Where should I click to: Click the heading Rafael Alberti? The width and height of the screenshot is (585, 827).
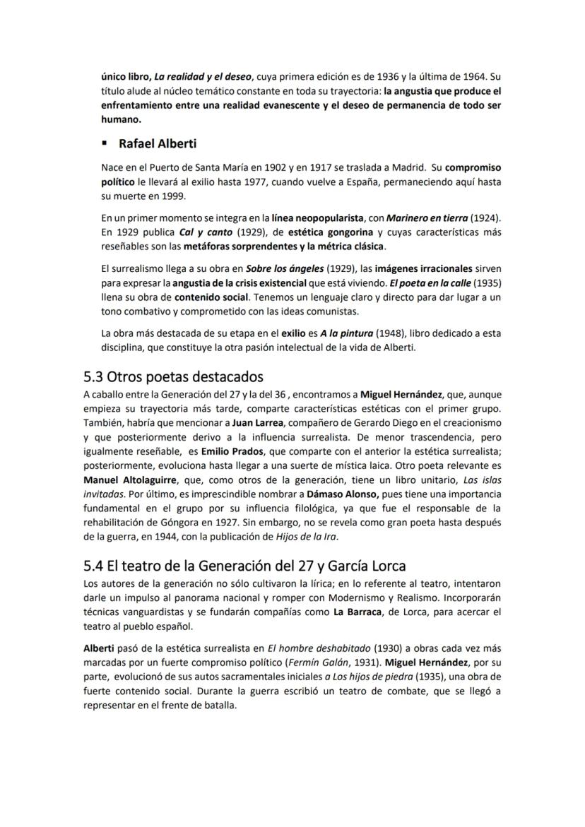tap(158, 144)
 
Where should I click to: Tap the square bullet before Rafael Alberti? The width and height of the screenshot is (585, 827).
tap(105, 144)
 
